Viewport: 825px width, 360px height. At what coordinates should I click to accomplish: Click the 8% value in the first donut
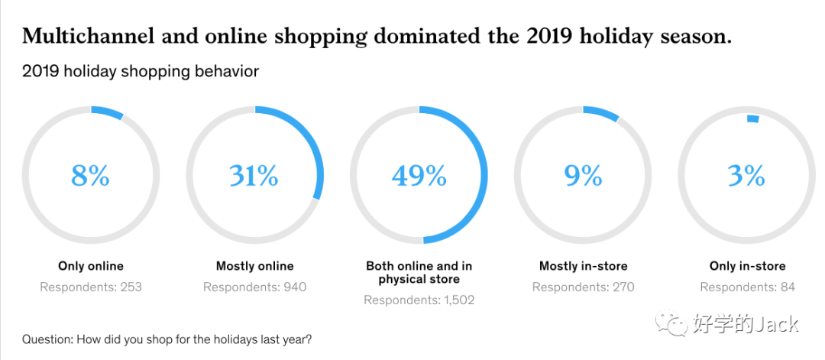pyautogui.click(x=90, y=176)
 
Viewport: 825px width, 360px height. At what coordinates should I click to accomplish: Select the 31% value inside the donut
pyautogui.click(x=254, y=176)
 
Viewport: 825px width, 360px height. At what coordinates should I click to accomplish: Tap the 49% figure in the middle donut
pyautogui.click(x=419, y=176)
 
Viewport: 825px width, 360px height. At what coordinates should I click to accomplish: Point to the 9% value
pyautogui.click(x=583, y=176)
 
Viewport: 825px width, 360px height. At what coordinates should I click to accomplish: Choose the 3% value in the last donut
pyautogui.click(x=746, y=176)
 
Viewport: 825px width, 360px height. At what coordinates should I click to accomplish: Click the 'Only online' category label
pyautogui.click(x=90, y=266)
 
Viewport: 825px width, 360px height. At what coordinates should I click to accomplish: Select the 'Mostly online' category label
pyautogui.click(x=254, y=266)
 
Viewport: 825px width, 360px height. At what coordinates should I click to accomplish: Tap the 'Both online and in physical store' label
pyautogui.click(x=419, y=273)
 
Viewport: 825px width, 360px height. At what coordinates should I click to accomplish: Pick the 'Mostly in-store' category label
pyautogui.click(x=583, y=266)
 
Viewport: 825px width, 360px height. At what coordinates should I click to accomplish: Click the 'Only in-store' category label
pyautogui.click(x=747, y=266)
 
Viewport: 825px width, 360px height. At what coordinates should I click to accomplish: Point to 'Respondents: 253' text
pyautogui.click(x=90, y=287)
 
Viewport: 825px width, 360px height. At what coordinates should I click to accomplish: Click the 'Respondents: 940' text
pyautogui.click(x=254, y=287)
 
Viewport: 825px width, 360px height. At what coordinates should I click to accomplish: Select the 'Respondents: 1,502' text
pyautogui.click(x=419, y=300)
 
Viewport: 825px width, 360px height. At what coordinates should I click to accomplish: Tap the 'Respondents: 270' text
pyautogui.click(x=583, y=287)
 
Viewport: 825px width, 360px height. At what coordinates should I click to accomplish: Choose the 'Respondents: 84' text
pyautogui.click(x=747, y=287)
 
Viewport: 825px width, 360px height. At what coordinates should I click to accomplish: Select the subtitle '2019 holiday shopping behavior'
pyautogui.click(x=140, y=72)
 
